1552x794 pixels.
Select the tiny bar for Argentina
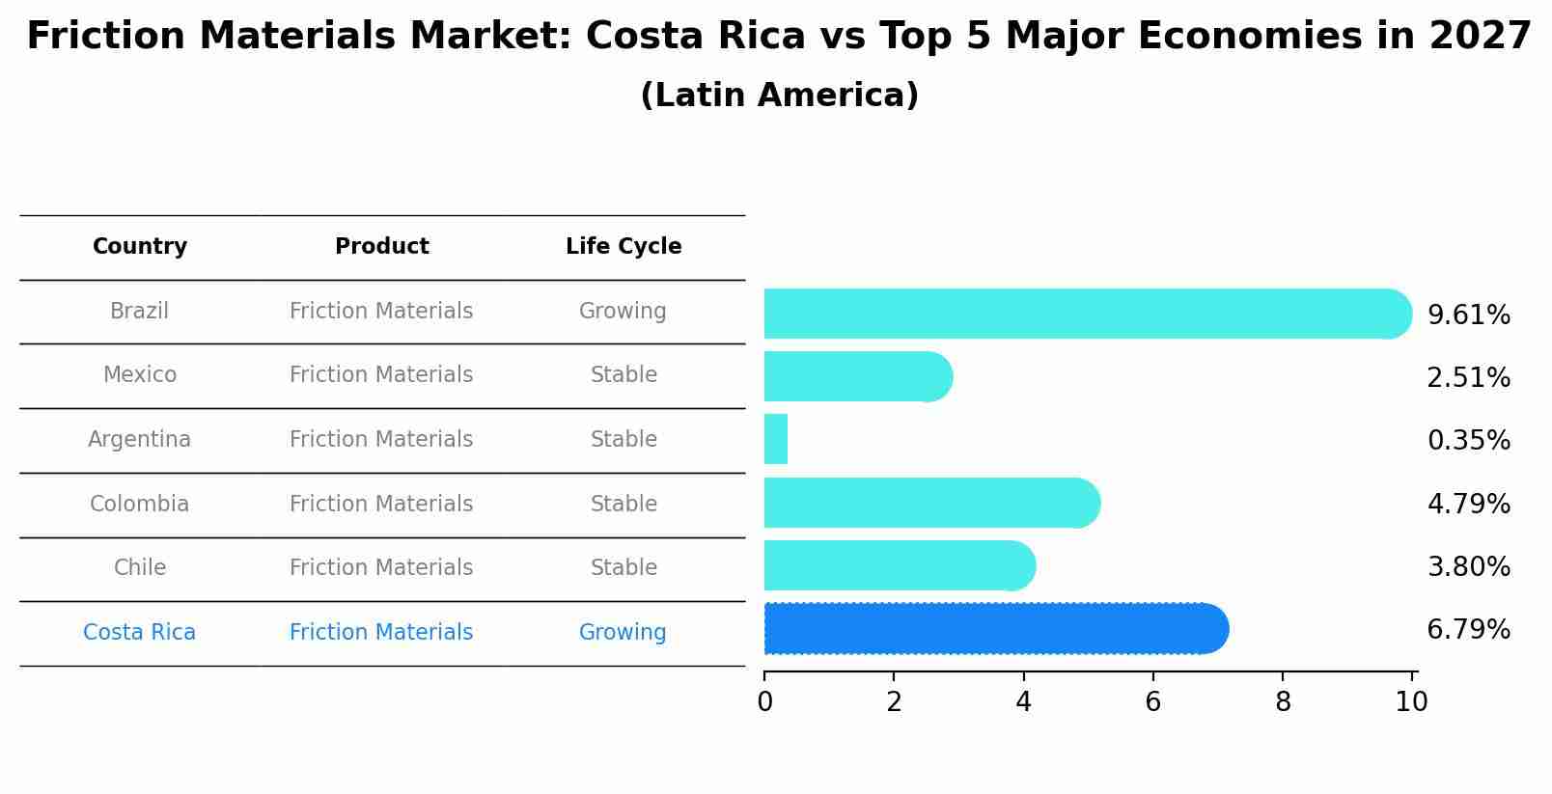point(776,440)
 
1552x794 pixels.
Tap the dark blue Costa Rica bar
point(994,629)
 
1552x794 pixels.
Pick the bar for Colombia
point(931,503)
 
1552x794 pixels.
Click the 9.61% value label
point(1468,315)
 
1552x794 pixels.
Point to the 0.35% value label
point(1468,441)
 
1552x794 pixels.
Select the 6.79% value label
point(1468,630)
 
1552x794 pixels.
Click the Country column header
point(140,247)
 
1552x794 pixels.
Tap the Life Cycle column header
point(624,247)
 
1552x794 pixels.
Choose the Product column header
point(381,247)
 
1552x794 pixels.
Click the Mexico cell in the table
point(140,375)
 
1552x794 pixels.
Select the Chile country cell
point(140,568)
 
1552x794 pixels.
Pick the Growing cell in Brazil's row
point(623,312)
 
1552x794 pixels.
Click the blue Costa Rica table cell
point(140,633)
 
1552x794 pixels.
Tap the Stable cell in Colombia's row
point(624,505)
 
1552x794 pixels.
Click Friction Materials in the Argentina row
point(381,440)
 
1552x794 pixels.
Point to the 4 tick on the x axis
point(1023,702)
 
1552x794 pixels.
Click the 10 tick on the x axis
point(1411,702)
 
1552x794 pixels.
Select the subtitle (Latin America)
point(779,96)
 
